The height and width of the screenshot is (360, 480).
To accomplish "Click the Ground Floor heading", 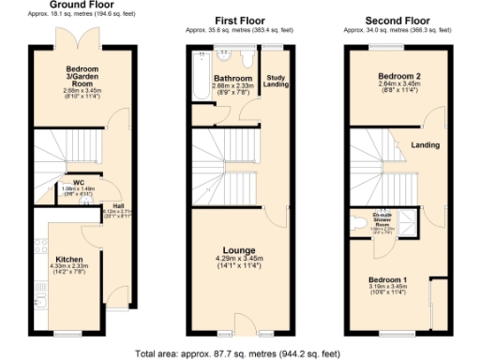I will tap(81, 5).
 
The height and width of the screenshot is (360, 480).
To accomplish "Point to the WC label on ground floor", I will tap(66, 182).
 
